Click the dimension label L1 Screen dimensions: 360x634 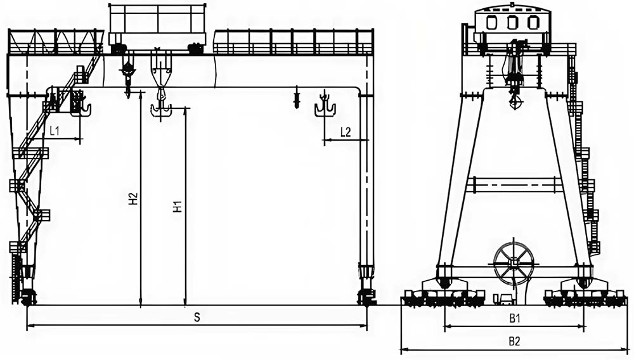pyautogui.click(x=55, y=131)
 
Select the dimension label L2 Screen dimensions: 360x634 pyautogui.click(x=346, y=132)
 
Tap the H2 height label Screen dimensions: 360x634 pyautogui.click(x=133, y=199)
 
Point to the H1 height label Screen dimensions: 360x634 pyautogui.click(x=178, y=207)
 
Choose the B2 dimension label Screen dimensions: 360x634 pyautogui.click(x=515, y=341)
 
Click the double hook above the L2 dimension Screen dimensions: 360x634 pyautogui.click(x=325, y=106)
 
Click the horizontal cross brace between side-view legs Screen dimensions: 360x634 pyautogui.click(x=514, y=184)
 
